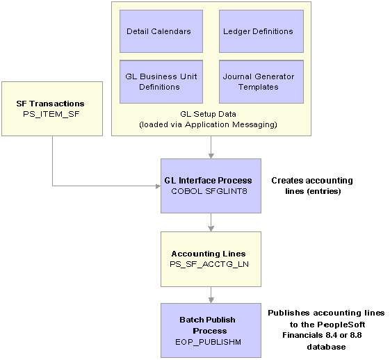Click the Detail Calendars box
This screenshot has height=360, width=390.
click(x=161, y=31)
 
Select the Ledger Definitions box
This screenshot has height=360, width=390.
click(x=261, y=31)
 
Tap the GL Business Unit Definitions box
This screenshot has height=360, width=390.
click(x=161, y=81)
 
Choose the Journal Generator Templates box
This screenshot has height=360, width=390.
click(x=261, y=81)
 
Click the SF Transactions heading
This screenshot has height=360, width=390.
click(x=50, y=104)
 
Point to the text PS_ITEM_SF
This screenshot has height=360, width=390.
click(x=51, y=114)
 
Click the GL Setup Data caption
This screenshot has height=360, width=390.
click(x=208, y=114)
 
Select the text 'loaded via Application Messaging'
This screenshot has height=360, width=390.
click(x=208, y=124)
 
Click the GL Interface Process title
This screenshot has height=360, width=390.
click(x=208, y=181)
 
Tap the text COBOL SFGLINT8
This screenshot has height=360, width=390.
click(x=209, y=191)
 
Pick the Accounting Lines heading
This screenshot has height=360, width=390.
click(x=209, y=254)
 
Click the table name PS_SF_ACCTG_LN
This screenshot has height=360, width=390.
click(x=209, y=264)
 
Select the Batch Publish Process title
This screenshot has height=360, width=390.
click(x=207, y=325)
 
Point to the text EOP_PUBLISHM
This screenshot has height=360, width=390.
click(x=208, y=342)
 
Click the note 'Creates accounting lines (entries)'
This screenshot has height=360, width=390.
click(x=312, y=186)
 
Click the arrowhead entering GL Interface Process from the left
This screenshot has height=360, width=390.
click(x=159, y=186)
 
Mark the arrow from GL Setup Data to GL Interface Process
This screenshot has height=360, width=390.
click(x=211, y=147)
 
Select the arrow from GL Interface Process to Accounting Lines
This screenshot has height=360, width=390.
click(x=211, y=222)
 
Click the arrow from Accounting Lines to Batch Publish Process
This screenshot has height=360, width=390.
click(x=211, y=295)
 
